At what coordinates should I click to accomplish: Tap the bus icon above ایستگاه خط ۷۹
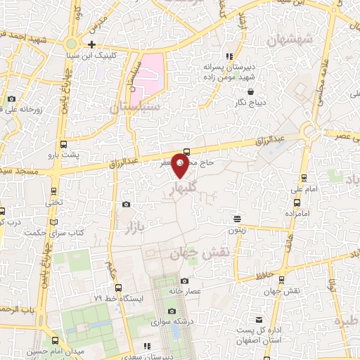click(118, 287)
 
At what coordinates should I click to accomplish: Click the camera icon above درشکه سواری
click(172, 311)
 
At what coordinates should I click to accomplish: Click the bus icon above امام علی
click(303, 177)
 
